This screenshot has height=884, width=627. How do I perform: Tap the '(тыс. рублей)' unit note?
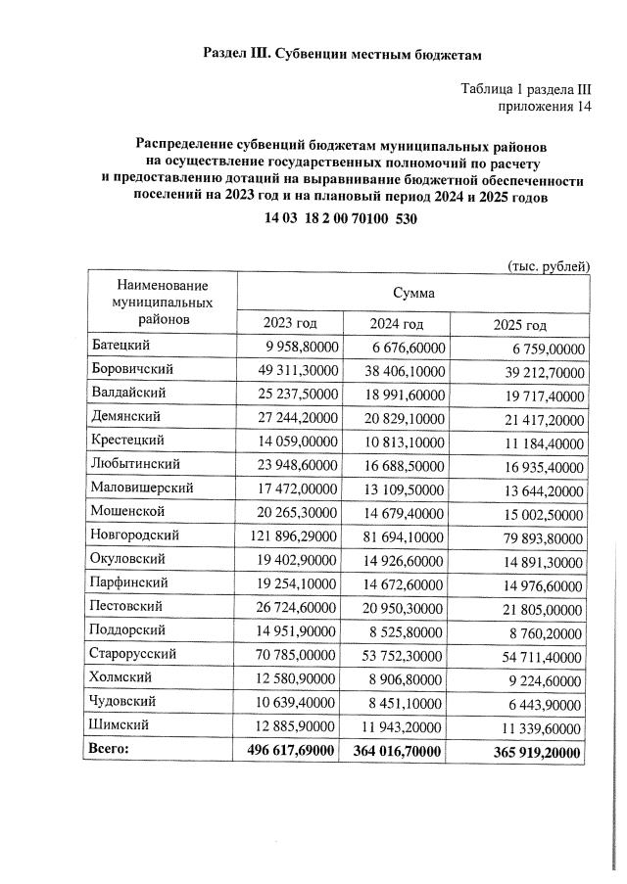548,265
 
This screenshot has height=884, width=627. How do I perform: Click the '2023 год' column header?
289,324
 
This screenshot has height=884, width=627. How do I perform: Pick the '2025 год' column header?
518,325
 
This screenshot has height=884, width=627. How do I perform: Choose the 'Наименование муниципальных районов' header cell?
162,301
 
